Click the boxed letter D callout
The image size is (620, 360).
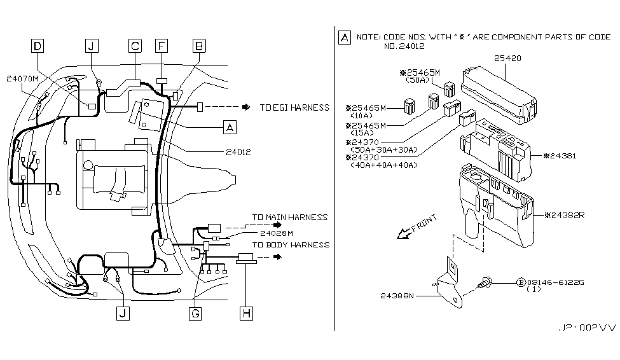click(x=39, y=46)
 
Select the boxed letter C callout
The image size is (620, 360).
click(x=135, y=46)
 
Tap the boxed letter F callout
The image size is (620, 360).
click(x=162, y=46)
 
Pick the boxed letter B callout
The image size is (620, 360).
click(x=199, y=46)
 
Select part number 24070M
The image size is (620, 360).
click(x=23, y=79)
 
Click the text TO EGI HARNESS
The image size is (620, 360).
click(x=295, y=108)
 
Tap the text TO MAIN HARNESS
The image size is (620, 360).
click(x=290, y=218)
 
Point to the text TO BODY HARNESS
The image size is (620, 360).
click(x=291, y=244)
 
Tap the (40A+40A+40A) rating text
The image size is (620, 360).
click(x=383, y=165)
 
